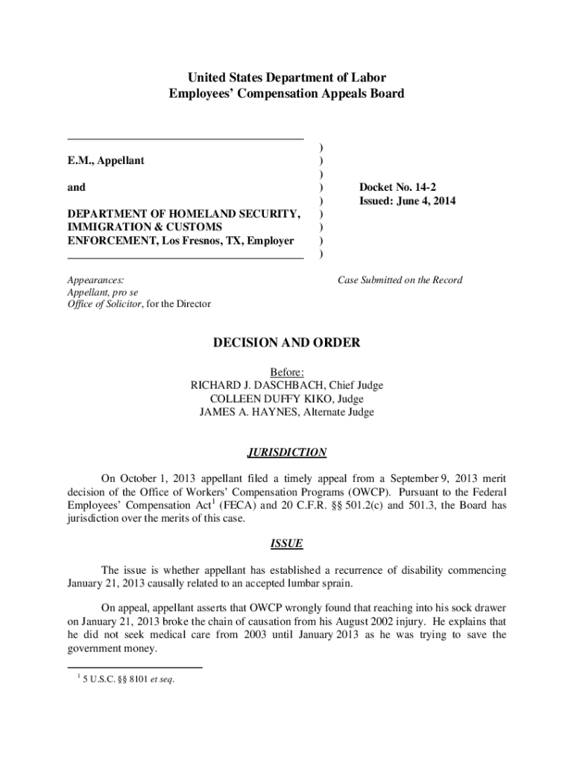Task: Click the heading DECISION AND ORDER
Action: (x=287, y=343)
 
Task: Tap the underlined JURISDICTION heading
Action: (x=287, y=452)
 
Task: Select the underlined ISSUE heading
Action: (x=287, y=544)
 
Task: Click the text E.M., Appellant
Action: (x=106, y=160)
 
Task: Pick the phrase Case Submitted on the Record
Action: (x=400, y=280)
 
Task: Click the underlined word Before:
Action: (x=287, y=372)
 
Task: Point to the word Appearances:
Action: (x=95, y=280)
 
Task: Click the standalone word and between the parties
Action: (x=76, y=187)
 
